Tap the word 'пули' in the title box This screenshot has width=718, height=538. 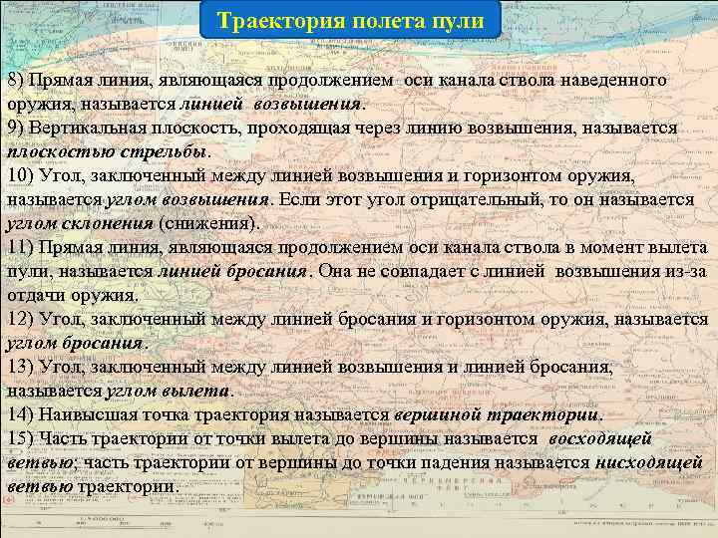(458, 20)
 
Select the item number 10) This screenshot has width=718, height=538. (22, 175)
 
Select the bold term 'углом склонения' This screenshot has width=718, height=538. (80, 223)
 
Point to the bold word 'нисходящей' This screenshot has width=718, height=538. (648, 463)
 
